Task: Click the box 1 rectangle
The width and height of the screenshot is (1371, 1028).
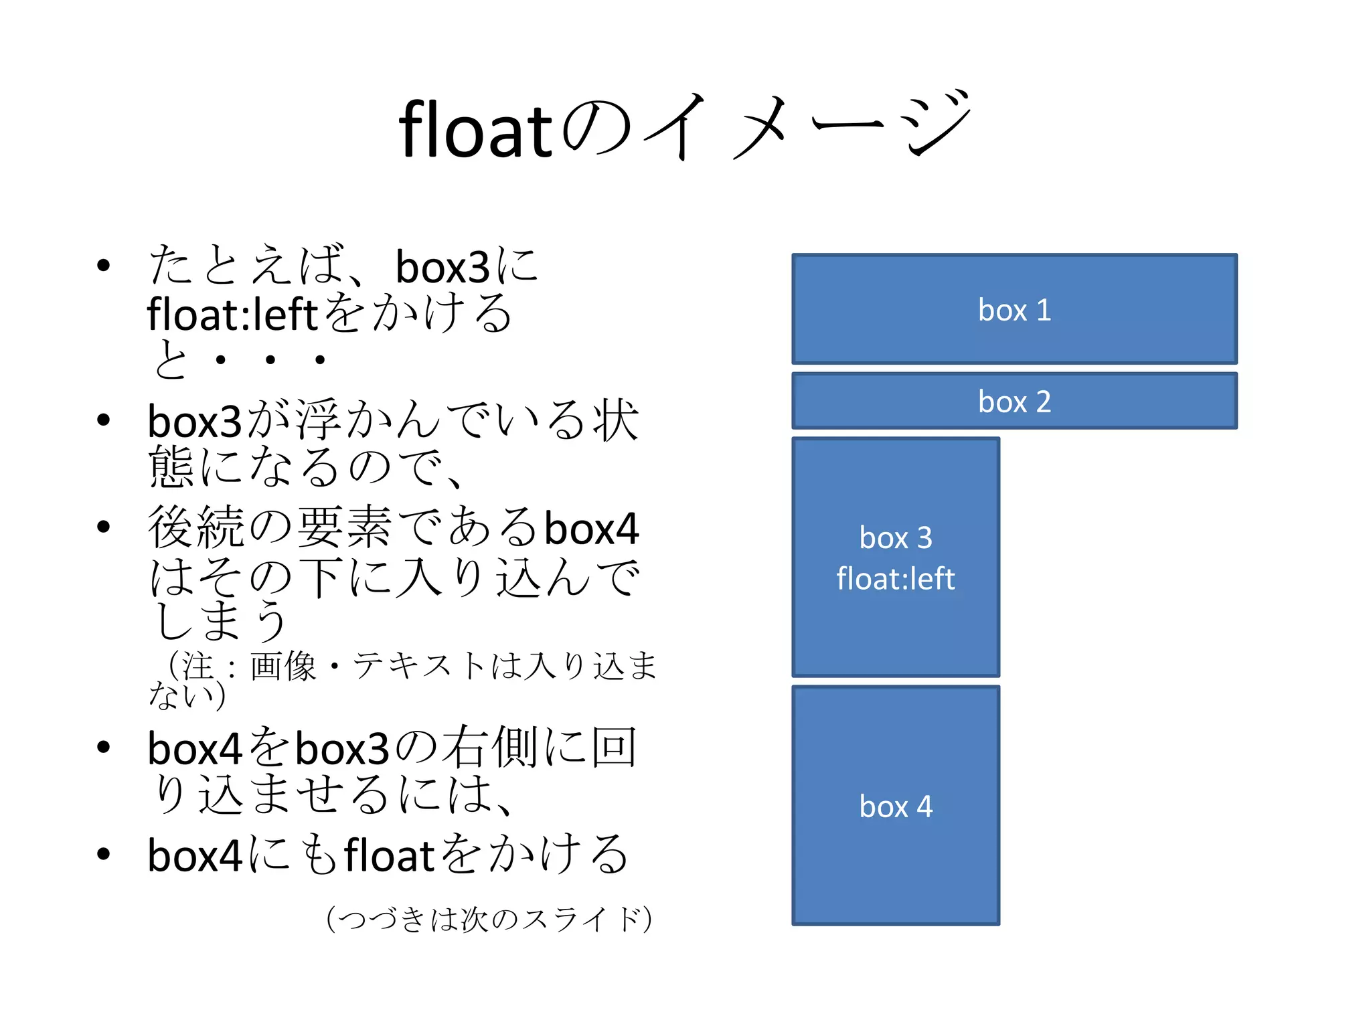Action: click(1014, 309)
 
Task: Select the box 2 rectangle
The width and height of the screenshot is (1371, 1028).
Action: click(1014, 401)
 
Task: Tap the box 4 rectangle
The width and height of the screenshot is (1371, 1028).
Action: click(896, 806)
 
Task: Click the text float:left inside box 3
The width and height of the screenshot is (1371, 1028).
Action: click(896, 579)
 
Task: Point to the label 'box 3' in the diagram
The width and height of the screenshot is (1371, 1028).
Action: click(896, 537)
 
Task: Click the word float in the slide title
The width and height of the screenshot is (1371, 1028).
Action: click(475, 130)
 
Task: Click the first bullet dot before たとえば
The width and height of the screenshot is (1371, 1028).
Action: click(103, 266)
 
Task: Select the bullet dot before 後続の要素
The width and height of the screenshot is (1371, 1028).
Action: click(103, 527)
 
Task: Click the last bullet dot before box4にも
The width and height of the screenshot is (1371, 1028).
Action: click(103, 854)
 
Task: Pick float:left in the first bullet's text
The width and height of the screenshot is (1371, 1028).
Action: click(232, 314)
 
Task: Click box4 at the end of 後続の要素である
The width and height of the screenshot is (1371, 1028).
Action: click(592, 528)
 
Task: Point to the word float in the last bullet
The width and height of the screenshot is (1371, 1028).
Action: click(390, 855)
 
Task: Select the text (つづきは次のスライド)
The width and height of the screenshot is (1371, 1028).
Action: click(489, 919)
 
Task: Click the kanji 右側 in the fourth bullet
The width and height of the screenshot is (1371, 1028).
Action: click(488, 748)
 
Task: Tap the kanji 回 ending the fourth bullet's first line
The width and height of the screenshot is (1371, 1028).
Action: click(614, 748)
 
